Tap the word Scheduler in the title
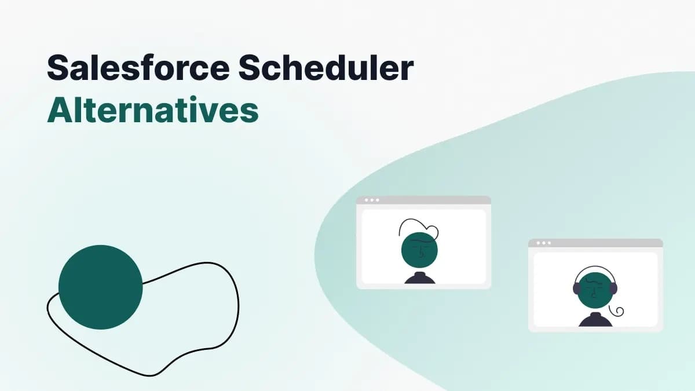pyautogui.click(x=325, y=69)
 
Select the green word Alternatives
pyautogui.click(x=152, y=110)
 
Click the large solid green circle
pyautogui.click(x=100, y=287)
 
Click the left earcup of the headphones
pyautogui.click(x=577, y=288)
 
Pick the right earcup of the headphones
pyautogui.click(x=614, y=288)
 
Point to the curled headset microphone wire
pyautogui.click(x=619, y=312)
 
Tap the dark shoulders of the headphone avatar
pyautogui.click(x=595, y=320)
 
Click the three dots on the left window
pyautogui.click(x=371, y=200)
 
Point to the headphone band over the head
pyautogui.click(x=595, y=268)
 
